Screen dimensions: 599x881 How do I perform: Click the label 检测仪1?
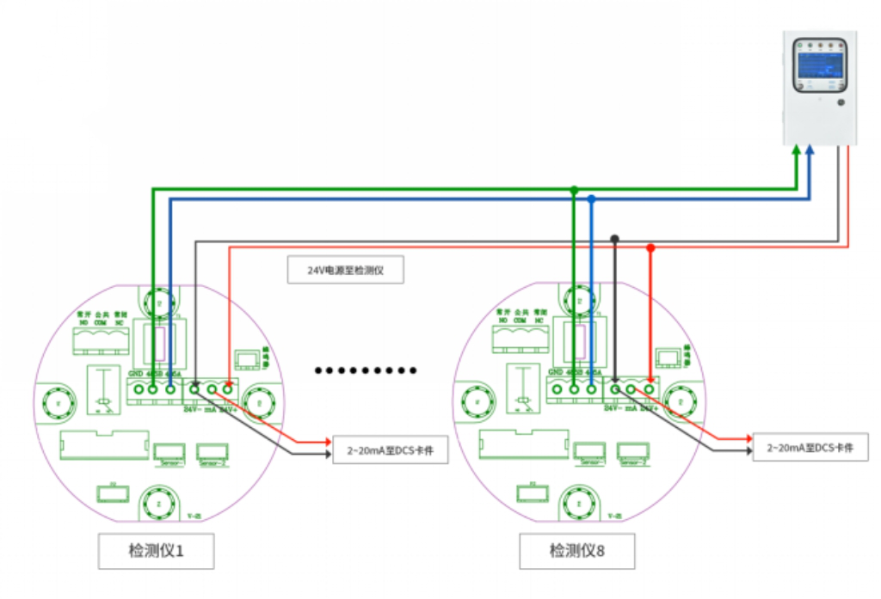[x=156, y=551]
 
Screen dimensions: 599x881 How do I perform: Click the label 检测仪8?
[x=577, y=551]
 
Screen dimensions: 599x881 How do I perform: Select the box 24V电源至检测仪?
[x=345, y=271]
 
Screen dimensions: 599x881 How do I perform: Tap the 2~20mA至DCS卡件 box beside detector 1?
[x=391, y=450]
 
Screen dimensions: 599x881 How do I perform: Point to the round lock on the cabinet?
[x=841, y=102]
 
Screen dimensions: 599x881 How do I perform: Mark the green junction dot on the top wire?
[x=574, y=189]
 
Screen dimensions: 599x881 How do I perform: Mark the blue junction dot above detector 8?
[x=591, y=199]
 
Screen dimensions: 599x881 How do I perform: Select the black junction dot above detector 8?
[x=614, y=238]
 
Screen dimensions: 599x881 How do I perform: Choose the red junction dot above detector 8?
[x=650, y=248]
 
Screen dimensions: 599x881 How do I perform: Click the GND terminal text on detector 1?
[x=135, y=374]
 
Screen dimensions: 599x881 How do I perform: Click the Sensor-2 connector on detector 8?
[x=632, y=452]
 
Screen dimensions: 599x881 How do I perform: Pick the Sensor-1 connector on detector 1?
[x=169, y=452]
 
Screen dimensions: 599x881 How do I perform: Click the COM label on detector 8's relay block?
[x=520, y=320]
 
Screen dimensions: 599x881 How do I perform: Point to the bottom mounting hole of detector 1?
[x=157, y=500]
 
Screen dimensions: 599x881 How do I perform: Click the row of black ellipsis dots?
[x=366, y=370]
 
